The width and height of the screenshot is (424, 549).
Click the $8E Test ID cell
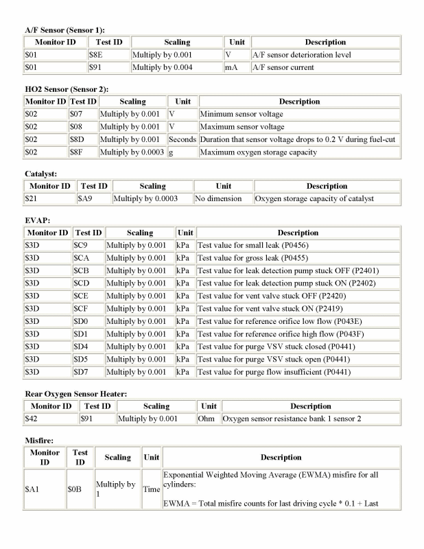click(x=96, y=55)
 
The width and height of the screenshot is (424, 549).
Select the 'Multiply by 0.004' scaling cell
click(x=163, y=68)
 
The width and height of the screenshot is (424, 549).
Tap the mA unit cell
click(x=231, y=68)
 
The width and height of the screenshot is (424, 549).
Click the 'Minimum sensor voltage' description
click(x=241, y=114)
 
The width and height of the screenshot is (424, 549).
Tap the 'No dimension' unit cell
click(x=218, y=199)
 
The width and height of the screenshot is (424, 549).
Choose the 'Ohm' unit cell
click(x=208, y=419)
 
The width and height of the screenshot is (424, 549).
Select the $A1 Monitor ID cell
click(x=32, y=489)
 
